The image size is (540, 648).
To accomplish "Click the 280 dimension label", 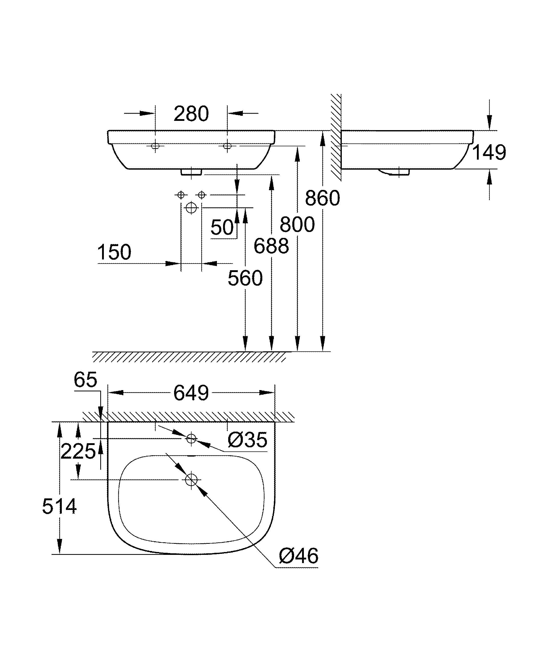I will pyautogui.click(x=191, y=114).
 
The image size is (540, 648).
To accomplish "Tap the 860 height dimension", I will pyautogui.click(x=322, y=198).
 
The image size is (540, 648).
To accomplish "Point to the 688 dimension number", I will pyautogui.click(x=271, y=246).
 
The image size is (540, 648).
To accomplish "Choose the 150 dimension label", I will pyautogui.click(x=114, y=253).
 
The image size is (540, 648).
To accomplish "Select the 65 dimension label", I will pyautogui.click(x=85, y=380).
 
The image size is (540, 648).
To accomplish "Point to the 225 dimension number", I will pyautogui.click(x=78, y=451).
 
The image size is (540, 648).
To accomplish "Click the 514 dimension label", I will pyautogui.click(x=59, y=507).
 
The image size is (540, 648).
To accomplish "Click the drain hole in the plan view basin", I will pyautogui.click(x=191, y=479).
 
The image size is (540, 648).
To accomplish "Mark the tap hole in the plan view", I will pyautogui.click(x=191, y=438).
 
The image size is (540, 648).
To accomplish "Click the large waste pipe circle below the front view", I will pyautogui.click(x=191, y=208).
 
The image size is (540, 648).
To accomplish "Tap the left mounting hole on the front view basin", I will pyautogui.click(x=155, y=146).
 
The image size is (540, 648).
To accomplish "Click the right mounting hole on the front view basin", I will pyautogui.click(x=227, y=146).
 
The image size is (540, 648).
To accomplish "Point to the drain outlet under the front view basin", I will pyautogui.click(x=191, y=172).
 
